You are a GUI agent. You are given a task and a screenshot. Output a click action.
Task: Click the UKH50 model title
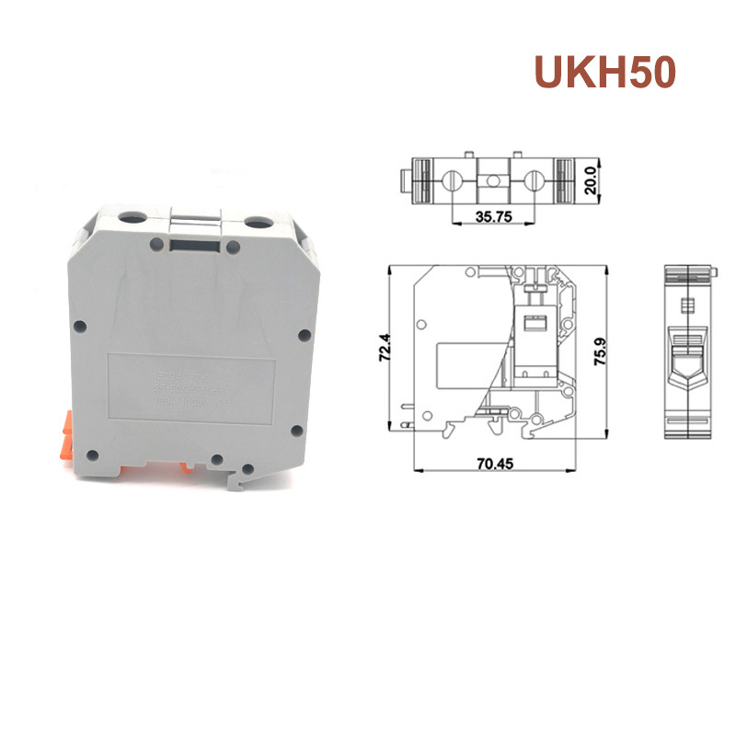pos(604,73)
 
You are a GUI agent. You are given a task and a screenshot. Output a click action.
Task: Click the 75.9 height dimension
pos(601,350)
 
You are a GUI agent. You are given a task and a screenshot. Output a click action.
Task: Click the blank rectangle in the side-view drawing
pos(467,363)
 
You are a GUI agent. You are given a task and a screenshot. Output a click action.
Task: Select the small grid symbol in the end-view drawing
pos(684,305)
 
